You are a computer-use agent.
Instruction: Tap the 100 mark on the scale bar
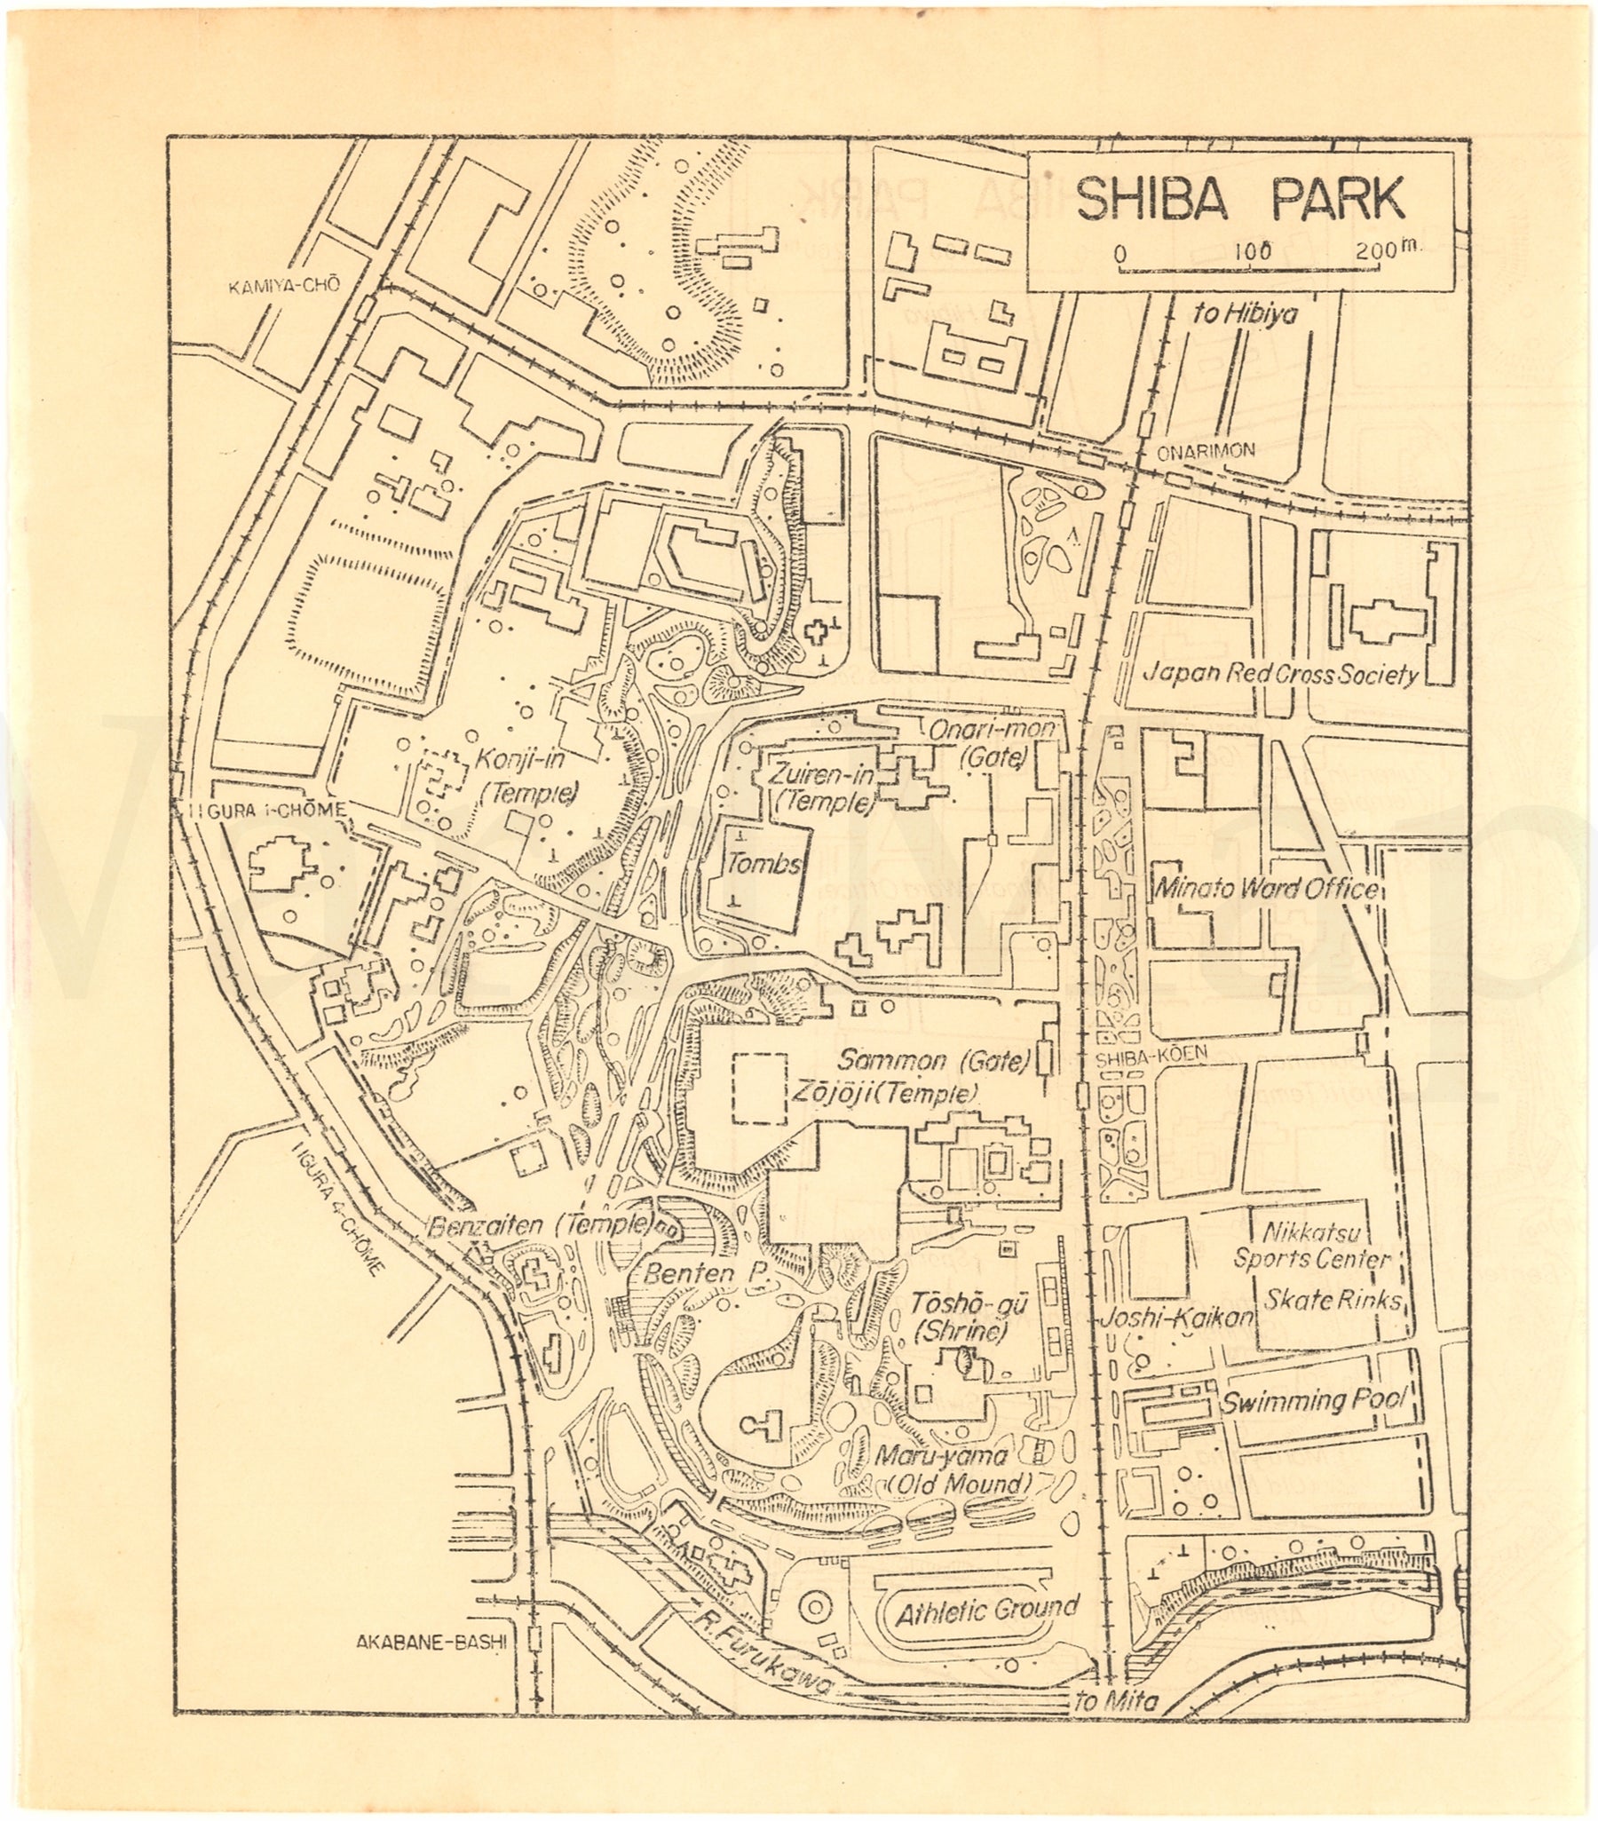coord(1253,251)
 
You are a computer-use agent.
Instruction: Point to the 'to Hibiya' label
coord(1246,313)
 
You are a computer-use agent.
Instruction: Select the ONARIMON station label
coord(1206,452)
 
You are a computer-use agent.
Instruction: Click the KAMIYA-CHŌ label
coord(284,287)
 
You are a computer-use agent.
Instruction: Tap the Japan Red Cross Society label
coord(1280,675)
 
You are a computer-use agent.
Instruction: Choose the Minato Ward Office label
coord(1266,888)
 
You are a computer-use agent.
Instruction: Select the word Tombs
coord(763,862)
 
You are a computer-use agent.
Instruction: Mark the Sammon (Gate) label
coord(934,1060)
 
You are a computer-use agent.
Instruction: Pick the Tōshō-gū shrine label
coord(968,1303)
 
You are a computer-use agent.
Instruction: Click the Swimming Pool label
coord(1312,1400)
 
